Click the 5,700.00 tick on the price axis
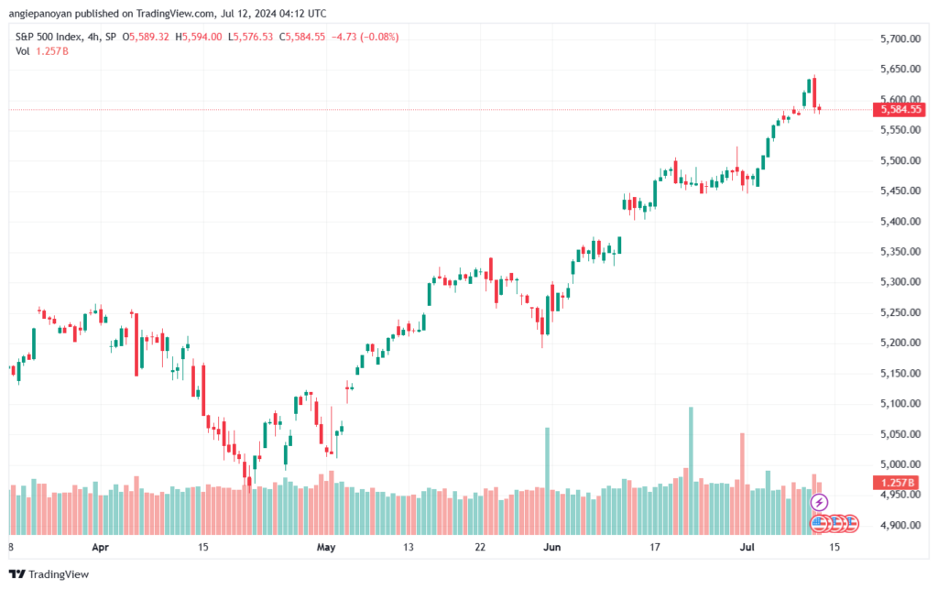(x=899, y=39)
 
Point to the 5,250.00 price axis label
(x=899, y=312)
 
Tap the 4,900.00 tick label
(x=899, y=525)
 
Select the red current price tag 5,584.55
(x=899, y=109)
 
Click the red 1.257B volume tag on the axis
(x=899, y=482)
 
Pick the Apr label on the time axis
(x=101, y=548)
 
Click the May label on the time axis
(x=326, y=548)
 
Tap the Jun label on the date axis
(x=551, y=548)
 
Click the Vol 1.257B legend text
(x=42, y=51)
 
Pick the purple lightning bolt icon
(x=820, y=502)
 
